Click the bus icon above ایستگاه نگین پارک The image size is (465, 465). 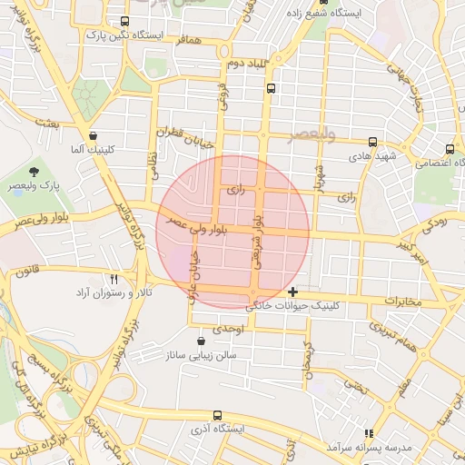(x=124, y=21)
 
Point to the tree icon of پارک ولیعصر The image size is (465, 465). (x=35, y=170)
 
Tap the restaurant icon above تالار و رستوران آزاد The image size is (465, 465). (x=114, y=280)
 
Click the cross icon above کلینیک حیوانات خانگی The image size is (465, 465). (x=292, y=292)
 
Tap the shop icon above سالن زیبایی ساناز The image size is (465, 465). (x=201, y=341)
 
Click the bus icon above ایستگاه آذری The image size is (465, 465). (x=216, y=413)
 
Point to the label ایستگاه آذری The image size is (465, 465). (x=216, y=428)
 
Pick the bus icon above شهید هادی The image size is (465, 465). (x=372, y=142)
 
